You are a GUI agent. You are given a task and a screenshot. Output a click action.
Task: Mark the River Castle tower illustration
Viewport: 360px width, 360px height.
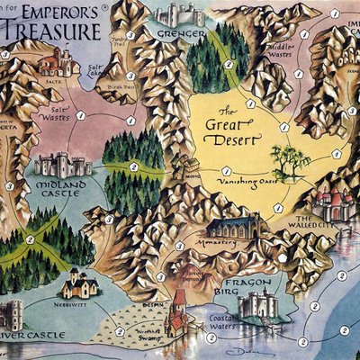11,314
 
